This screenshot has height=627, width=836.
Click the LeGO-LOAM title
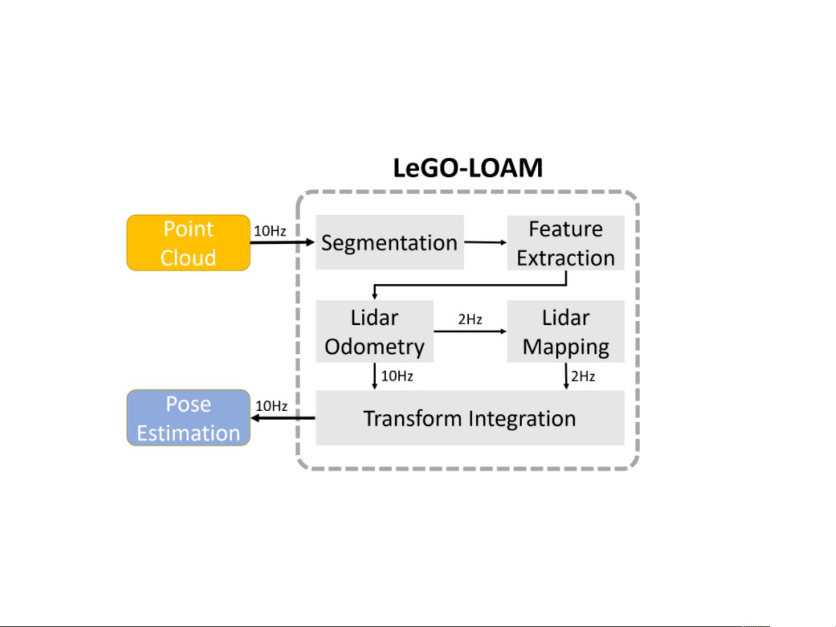click(x=468, y=168)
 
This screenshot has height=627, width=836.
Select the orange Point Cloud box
click(x=188, y=243)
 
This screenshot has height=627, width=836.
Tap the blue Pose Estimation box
click(x=188, y=418)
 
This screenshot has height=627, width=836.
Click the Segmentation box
click(x=389, y=242)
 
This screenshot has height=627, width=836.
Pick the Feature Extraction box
click(x=565, y=243)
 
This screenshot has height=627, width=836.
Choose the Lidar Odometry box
click(x=374, y=332)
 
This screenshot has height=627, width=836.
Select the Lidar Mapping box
click(x=565, y=332)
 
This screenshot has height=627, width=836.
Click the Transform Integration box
click(x=469, y=418)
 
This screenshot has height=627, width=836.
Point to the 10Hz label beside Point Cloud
click(x=270, y=231)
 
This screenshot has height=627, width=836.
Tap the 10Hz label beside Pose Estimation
click(x=272, y=406)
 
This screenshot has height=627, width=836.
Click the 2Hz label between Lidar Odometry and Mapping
click(x=470, y=320)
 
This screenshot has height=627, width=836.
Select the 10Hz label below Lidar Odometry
click(x=397, y=376)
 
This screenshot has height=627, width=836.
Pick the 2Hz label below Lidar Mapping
click(x=583, y=376)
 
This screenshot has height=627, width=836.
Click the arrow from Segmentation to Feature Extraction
click(x=486, y=242)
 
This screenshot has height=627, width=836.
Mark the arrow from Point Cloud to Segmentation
click(x=282, y=242)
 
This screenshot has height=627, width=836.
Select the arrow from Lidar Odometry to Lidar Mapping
click(x=470, y=331)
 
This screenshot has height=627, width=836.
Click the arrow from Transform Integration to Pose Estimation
click(x=283, y=418)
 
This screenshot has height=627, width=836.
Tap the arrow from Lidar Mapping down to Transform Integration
click(x=566, y=376)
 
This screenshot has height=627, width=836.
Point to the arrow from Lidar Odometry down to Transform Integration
click(x=375, y=376)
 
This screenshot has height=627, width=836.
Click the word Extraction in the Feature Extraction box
click(x=565, y=258)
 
